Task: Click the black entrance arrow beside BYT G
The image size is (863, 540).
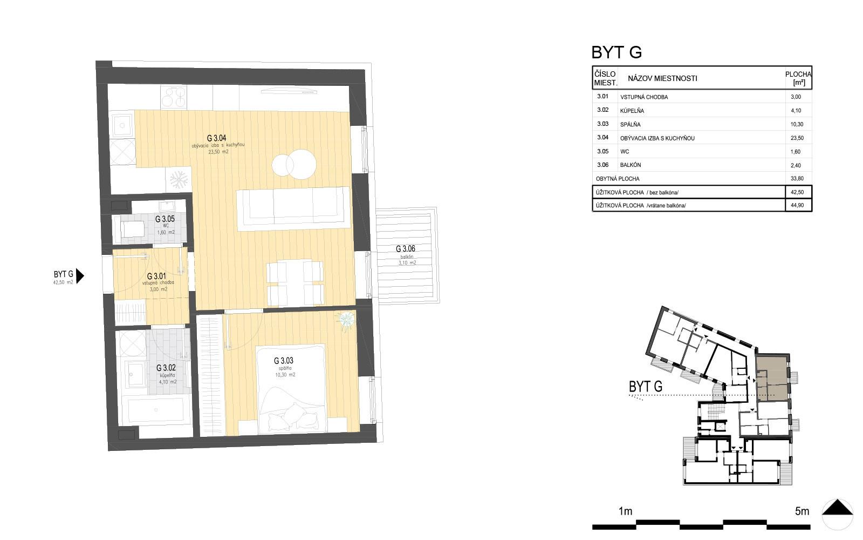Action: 80,276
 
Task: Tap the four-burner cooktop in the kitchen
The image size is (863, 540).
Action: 173,96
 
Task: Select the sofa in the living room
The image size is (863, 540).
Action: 293,208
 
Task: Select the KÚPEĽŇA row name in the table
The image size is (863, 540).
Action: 632,111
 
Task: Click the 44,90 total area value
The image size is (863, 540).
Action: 797,205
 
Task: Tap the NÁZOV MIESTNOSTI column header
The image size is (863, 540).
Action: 662,79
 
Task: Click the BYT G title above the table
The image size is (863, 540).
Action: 617,52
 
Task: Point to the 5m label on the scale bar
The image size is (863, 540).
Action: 802,511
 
